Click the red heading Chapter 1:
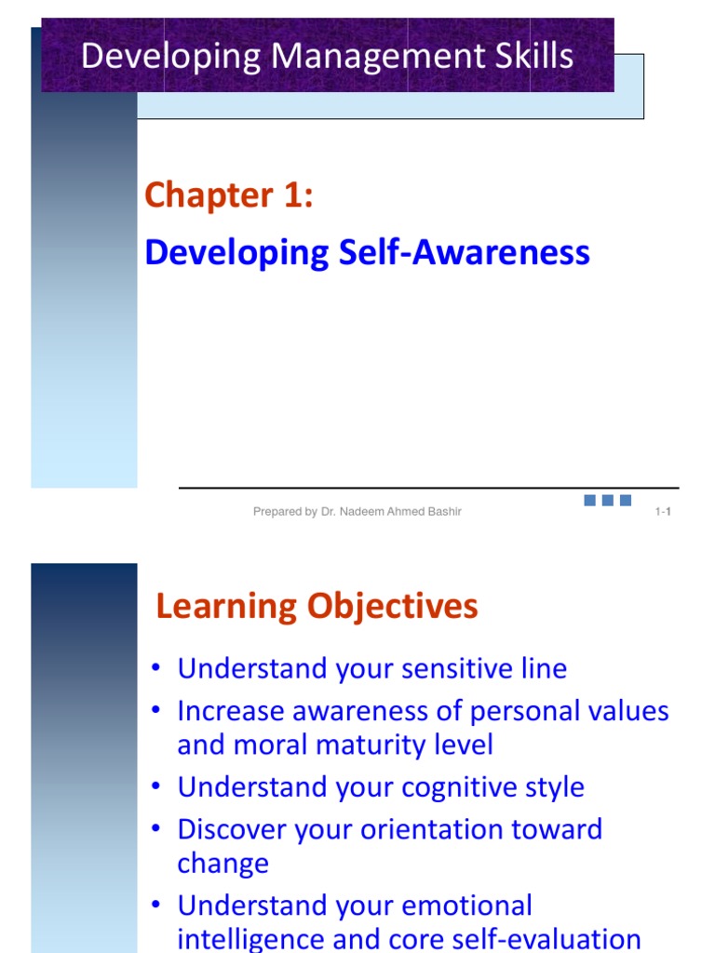[x=228, y=195]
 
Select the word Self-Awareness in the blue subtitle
[x=464, y=252]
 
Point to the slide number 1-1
[x=664, y=511]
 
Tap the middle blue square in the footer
[x=607, y=501]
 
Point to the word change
[x=223, y=863]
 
